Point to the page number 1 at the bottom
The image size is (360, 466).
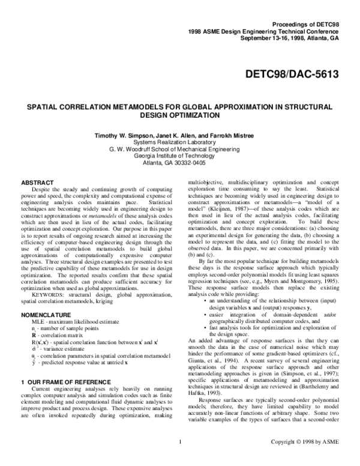(x=180, y=459)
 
